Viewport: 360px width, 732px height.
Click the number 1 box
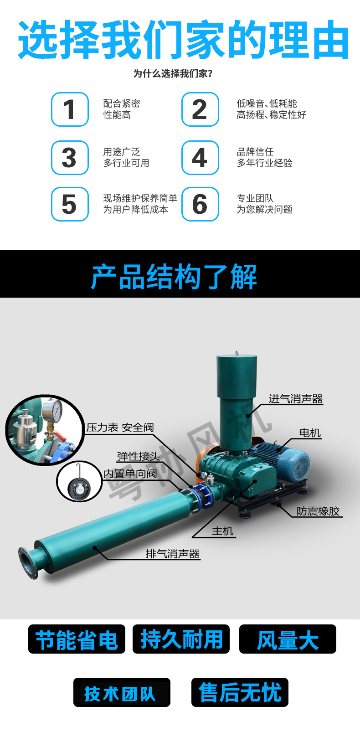point(70,109)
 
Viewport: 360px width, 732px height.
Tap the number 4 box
point(200,158)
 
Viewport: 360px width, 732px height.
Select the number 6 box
point(200,204)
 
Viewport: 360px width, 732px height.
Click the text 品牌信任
point(255,152)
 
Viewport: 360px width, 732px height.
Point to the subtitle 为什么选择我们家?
point(173,73)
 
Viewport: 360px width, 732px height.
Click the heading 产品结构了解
point(174,276)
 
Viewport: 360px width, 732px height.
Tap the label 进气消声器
point(295,399)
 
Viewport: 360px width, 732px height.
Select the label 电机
point(310,433)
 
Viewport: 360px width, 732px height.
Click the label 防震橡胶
point(318,511)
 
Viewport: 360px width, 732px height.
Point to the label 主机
point(222,531)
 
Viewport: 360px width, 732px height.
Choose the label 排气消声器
point(173,554)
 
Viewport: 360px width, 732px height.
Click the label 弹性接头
point(139,456)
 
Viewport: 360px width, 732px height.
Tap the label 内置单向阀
point(130,474)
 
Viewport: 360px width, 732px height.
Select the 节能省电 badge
point(76,639)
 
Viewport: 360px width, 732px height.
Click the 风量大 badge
point(288,639)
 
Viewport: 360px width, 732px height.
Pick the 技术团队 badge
point(122,692)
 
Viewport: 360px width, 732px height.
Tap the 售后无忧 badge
point(240,692)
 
